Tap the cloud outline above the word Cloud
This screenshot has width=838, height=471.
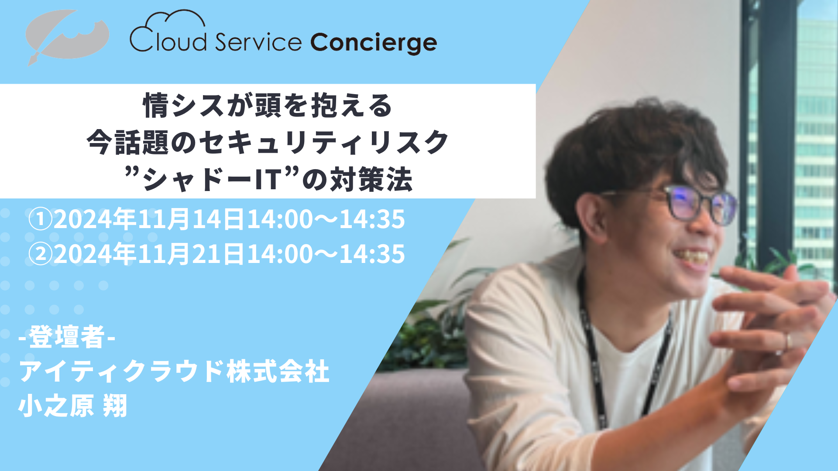(x=175, y=20)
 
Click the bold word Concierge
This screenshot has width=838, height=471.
(x=374, y=43)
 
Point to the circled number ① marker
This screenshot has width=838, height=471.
(x=41, y=219)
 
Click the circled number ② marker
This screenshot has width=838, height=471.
(x=41, y=254)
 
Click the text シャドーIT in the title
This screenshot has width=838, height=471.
(x=213, y=180)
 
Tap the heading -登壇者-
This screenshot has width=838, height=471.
(x=67, y=337)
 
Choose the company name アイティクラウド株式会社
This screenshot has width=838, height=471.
(x=174, y=372)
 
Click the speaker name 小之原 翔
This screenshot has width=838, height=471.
(x=73, y=406)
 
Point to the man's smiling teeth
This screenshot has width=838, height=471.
(x=694, y=256)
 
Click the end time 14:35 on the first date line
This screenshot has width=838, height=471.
(x=372, y=219)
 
